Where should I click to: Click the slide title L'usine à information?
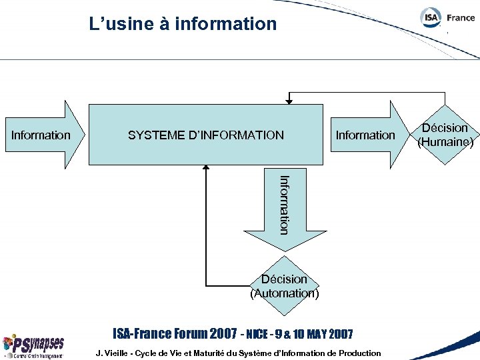pos(183,24)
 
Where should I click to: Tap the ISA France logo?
pos(447,18)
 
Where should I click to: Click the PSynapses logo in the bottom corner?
pos(33,346)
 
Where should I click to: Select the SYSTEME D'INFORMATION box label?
pos(205,135)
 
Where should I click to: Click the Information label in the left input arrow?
pos(41,135)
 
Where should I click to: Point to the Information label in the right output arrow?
pos(365,135)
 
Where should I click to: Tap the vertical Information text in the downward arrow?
pos(284,204)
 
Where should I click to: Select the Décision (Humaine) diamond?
pos(445,135)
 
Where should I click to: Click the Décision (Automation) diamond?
pos(285,286)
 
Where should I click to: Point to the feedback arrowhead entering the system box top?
pos(289,102)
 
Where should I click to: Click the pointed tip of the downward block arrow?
pos(285,250)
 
